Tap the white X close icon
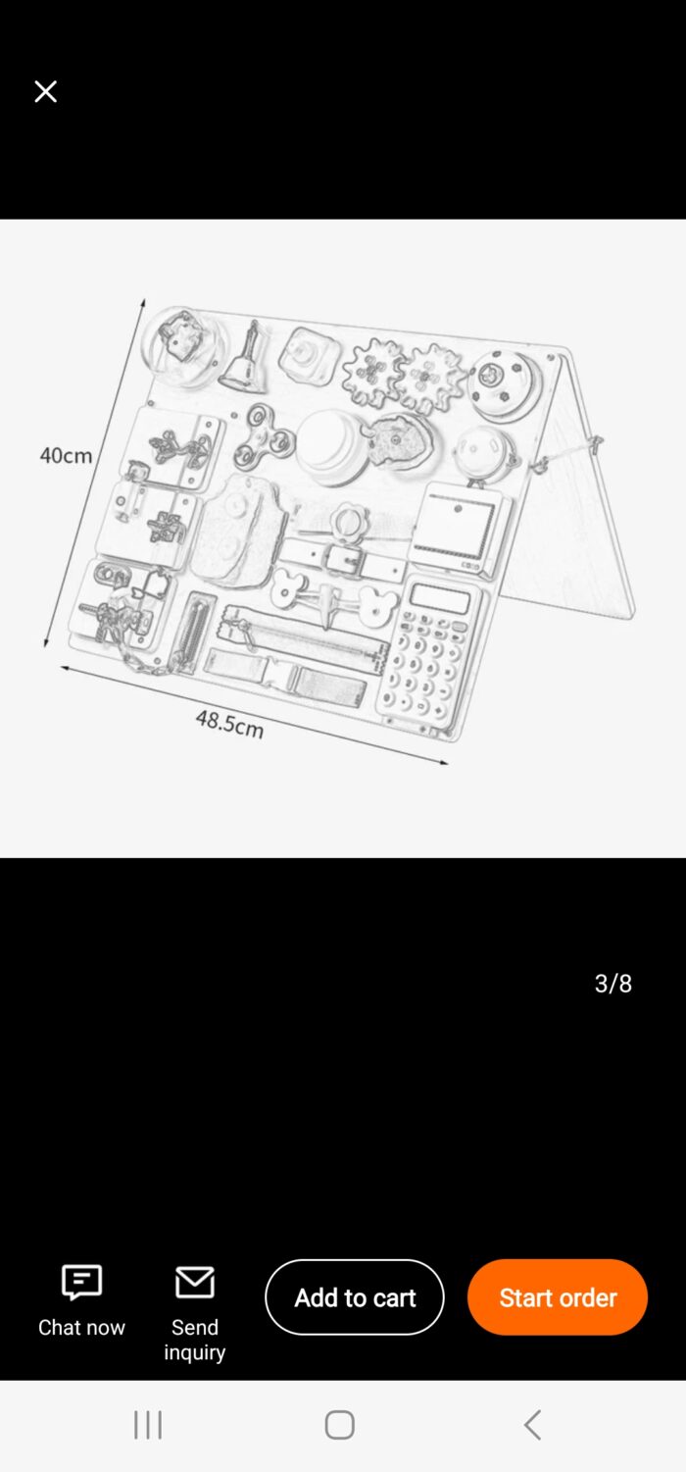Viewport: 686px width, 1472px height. click(45, 91)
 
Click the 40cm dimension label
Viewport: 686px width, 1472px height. click(66, 455)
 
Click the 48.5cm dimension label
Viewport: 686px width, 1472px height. click(229, 724)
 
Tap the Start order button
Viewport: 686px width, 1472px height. click(558, 1296)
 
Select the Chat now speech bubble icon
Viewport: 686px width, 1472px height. click(81, 1282)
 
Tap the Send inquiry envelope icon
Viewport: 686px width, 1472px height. click(195, 1282)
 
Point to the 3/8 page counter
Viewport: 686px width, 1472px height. click(613, 983)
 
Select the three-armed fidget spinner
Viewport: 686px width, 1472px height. click(262, 435)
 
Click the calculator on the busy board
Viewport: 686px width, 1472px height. click(430, 652)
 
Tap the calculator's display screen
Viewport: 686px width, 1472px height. click(440, 598)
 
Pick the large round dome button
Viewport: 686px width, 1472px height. click(333, 447)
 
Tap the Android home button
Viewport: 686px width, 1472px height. click(339, 1425)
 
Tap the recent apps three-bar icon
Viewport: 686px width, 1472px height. click(148, 1425)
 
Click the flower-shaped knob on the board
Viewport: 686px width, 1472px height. click(346, 523)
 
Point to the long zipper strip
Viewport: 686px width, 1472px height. click(301, 638)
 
